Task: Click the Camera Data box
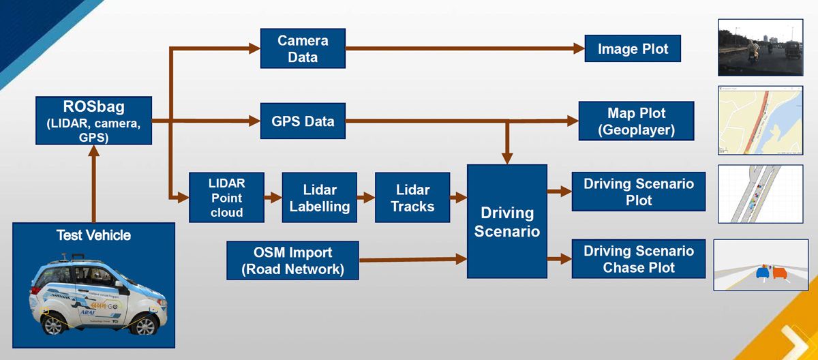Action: (x=303, y=48)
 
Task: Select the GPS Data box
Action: (x=303, y=121)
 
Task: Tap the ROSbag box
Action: (x=93, y=120)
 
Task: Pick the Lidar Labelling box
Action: (x=319, y=198)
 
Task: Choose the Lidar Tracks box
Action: (x=412, y=198)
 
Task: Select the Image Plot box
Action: (x=633, y=49)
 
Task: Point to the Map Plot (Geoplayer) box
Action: (x=636, y=121)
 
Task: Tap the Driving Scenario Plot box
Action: (x=639, y=192)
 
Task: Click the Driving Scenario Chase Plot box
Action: (x=639, y=259)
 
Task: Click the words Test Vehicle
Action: (x=93, y=236)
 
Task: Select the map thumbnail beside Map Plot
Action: (x=760, y=120)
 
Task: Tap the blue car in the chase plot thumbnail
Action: (x=762, y=272)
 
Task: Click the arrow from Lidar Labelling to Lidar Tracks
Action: (x=365, y=198)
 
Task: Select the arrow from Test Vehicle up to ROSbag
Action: (x=93, y=183)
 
